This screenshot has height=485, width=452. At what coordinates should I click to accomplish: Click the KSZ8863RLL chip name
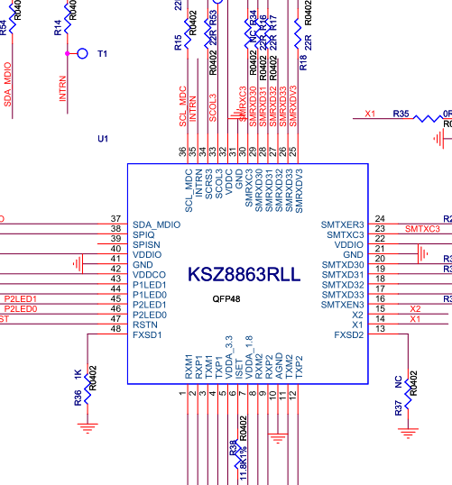click(x=242, y=275)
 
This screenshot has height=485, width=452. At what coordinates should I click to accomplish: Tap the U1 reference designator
click(x=103, y=138)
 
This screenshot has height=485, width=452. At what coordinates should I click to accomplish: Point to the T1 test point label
click(x=102, y=54)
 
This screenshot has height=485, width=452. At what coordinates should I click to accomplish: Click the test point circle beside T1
click(x=83, y=54)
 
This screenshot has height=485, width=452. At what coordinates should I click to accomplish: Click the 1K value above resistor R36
click(x=78, y=374)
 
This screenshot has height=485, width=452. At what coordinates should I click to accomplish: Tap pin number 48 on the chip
click(x=115, y=328)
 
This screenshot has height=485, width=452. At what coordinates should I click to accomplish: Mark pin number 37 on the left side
click(x=115, y=219)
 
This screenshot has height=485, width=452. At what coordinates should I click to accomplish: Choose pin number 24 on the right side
click(x=380, y=219)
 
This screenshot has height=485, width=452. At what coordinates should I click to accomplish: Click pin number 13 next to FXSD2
click(x=380, y=328)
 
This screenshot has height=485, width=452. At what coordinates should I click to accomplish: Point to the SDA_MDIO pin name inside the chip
click(x=156, y=224)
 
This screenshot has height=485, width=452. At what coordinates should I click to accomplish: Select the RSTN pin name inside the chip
click(x=145, y=325)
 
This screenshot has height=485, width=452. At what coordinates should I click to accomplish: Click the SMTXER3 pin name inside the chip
click(x=342, y=224)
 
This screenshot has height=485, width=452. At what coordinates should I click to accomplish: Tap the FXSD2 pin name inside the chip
click(x=348, y=334)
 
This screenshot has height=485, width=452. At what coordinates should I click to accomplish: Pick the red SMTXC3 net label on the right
click(x=422, y=229)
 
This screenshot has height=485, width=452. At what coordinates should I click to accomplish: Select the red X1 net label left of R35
click(x=369, y=114)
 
